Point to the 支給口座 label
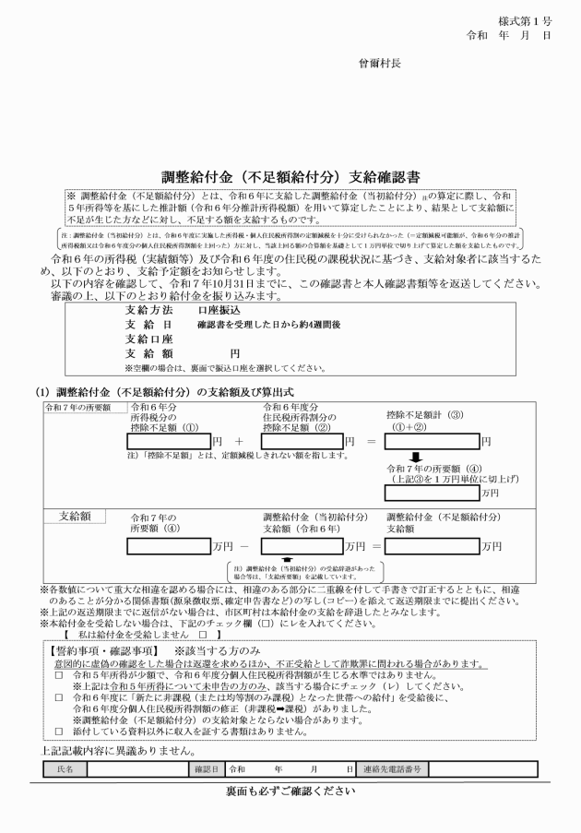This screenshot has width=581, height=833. [x=149, y=339]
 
